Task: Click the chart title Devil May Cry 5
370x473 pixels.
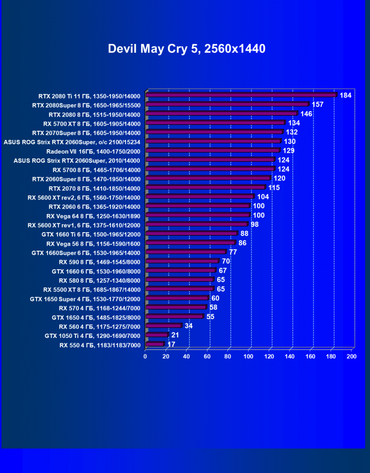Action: click(186, 49)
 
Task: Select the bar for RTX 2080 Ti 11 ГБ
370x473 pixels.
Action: click(241, 95)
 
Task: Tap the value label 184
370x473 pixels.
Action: click(345, 95)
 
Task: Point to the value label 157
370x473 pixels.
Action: click(317, 104)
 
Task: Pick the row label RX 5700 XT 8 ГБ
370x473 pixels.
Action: click(92, 123)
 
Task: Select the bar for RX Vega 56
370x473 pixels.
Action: click(190, 243)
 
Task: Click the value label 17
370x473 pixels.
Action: click(171, 344)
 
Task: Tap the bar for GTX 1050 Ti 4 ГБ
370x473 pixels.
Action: click(156, 335)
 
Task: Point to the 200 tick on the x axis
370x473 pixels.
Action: click(351, 356)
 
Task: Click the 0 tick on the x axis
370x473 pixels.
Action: click(145, 356)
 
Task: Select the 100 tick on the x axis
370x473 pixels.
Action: click(248, 356)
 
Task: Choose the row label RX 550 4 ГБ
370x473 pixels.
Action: click(100, 345)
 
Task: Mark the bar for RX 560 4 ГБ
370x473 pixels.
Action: click(163, 326)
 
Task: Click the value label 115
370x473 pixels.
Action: click(274, 188)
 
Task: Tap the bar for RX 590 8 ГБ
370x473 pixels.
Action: click(182, 261)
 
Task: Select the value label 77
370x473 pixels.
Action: click(233, 252)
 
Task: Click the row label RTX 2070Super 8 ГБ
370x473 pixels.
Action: click(86, 133)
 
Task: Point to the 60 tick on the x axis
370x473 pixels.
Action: click(207, 356)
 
